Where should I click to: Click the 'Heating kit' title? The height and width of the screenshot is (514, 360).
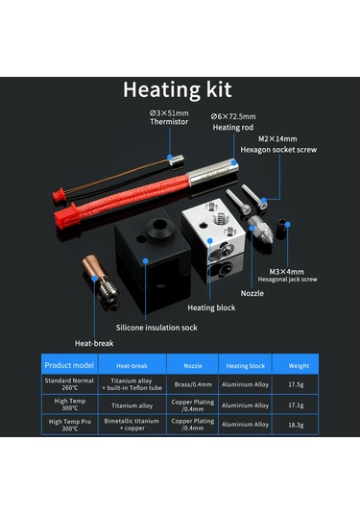coord(180,89)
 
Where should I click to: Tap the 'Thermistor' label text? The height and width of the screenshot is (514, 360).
coord(168,123)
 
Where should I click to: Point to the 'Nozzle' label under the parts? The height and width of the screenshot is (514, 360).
coord(252,293)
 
